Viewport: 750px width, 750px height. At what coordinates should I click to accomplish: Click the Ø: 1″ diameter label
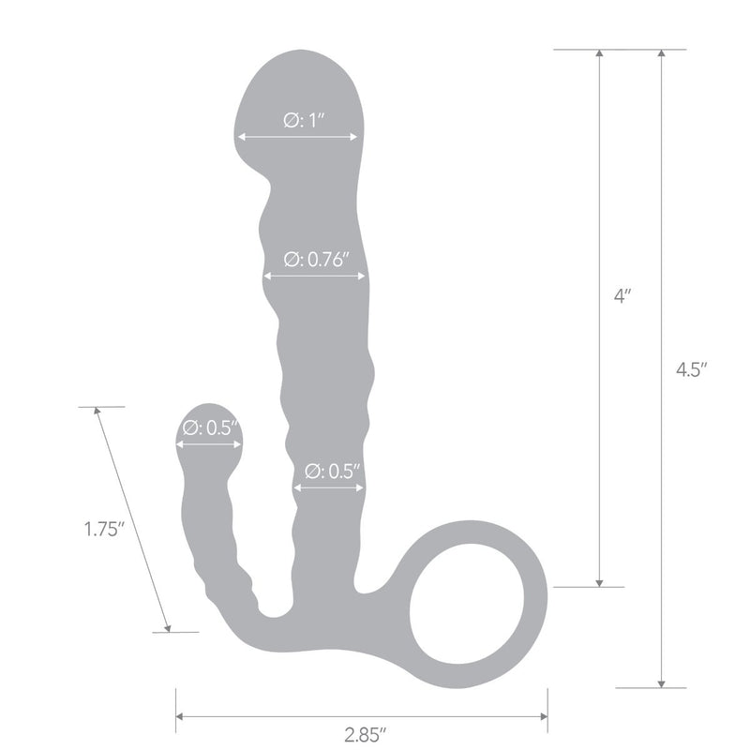[x=304, y=120]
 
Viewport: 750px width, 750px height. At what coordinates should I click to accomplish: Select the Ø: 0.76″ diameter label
[x=317, y=260]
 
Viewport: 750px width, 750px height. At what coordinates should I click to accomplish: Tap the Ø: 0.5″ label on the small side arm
[x=210, y=427]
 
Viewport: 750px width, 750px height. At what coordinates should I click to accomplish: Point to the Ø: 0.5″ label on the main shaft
[x=332, y=472]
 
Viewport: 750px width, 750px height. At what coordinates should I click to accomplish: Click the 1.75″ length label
[x=104, y=529]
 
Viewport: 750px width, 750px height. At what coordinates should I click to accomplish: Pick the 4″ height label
[x=622, y=296]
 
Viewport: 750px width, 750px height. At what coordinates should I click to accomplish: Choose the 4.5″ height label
[x=691, y=369]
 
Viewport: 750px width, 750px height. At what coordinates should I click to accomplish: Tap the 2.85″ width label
[x=365, y=735]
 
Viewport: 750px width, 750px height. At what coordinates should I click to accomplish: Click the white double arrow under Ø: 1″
[x=297, y=137]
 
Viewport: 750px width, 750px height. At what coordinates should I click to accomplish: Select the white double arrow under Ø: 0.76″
[x=314, y=276]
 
